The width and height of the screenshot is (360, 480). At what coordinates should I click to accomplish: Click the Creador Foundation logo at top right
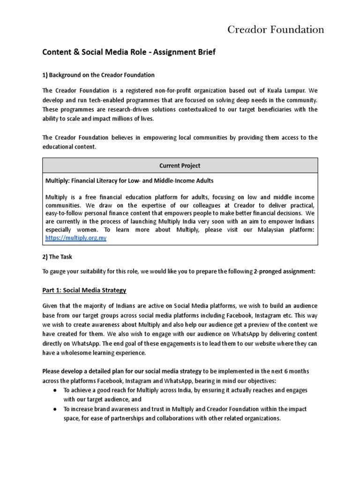click(x=276, y=30)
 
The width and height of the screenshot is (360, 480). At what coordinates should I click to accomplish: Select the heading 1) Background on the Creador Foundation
click(x=98, y=75)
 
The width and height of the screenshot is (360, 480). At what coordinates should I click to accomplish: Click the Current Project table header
click(x=180, y=165)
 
